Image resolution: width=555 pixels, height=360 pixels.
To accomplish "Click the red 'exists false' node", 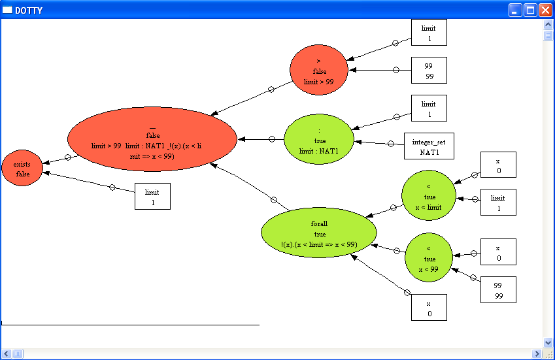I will pyautogui.click(x=22, y=169).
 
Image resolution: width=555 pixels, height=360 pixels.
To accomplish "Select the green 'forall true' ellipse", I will pyautogui.click(x=319, y=234).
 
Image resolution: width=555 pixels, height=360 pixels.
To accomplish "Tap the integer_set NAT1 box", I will pyautogui.click(x=428, y=146).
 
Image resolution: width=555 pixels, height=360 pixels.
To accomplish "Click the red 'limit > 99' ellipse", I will pyautogui.click(x=318, y=71).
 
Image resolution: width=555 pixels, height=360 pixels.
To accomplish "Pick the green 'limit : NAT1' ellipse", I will pyautogui.click(x=318, y=140).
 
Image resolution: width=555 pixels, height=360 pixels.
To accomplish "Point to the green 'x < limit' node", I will pyautogui.click(x=429, y=196).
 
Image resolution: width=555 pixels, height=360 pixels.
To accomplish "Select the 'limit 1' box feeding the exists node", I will pyautogui.click(x=152, y=196).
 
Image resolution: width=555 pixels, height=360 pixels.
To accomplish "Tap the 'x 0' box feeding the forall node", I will pyautogui.click(x=429, y=307).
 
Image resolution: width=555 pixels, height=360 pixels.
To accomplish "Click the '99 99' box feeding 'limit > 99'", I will pyautogui.click(x=428, y=71).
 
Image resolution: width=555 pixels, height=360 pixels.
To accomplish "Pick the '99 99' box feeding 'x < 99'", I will pyautogui.click(x=498, y=289).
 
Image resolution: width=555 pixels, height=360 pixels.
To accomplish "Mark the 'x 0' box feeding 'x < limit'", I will pyautogui.click(x=498, y=165).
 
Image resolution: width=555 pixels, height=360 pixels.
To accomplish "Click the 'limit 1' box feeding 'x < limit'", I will pyautogui.click(x=498, y=202).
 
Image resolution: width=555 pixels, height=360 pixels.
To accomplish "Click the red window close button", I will pyautogui.click(x=545, y=10).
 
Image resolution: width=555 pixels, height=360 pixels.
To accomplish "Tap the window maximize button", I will pyautogui.click(x=530, y=10).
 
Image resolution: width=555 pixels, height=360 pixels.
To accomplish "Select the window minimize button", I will pyautogui.click(x=516, y=10).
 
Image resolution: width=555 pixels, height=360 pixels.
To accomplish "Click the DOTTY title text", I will pyautogui.click(x=30, y=10).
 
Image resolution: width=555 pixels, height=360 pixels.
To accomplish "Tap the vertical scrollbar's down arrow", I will pyautogui.click(x=548, y=342).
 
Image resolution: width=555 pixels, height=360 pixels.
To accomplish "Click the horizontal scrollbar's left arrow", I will pyautogui.click(x=7, y=354).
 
